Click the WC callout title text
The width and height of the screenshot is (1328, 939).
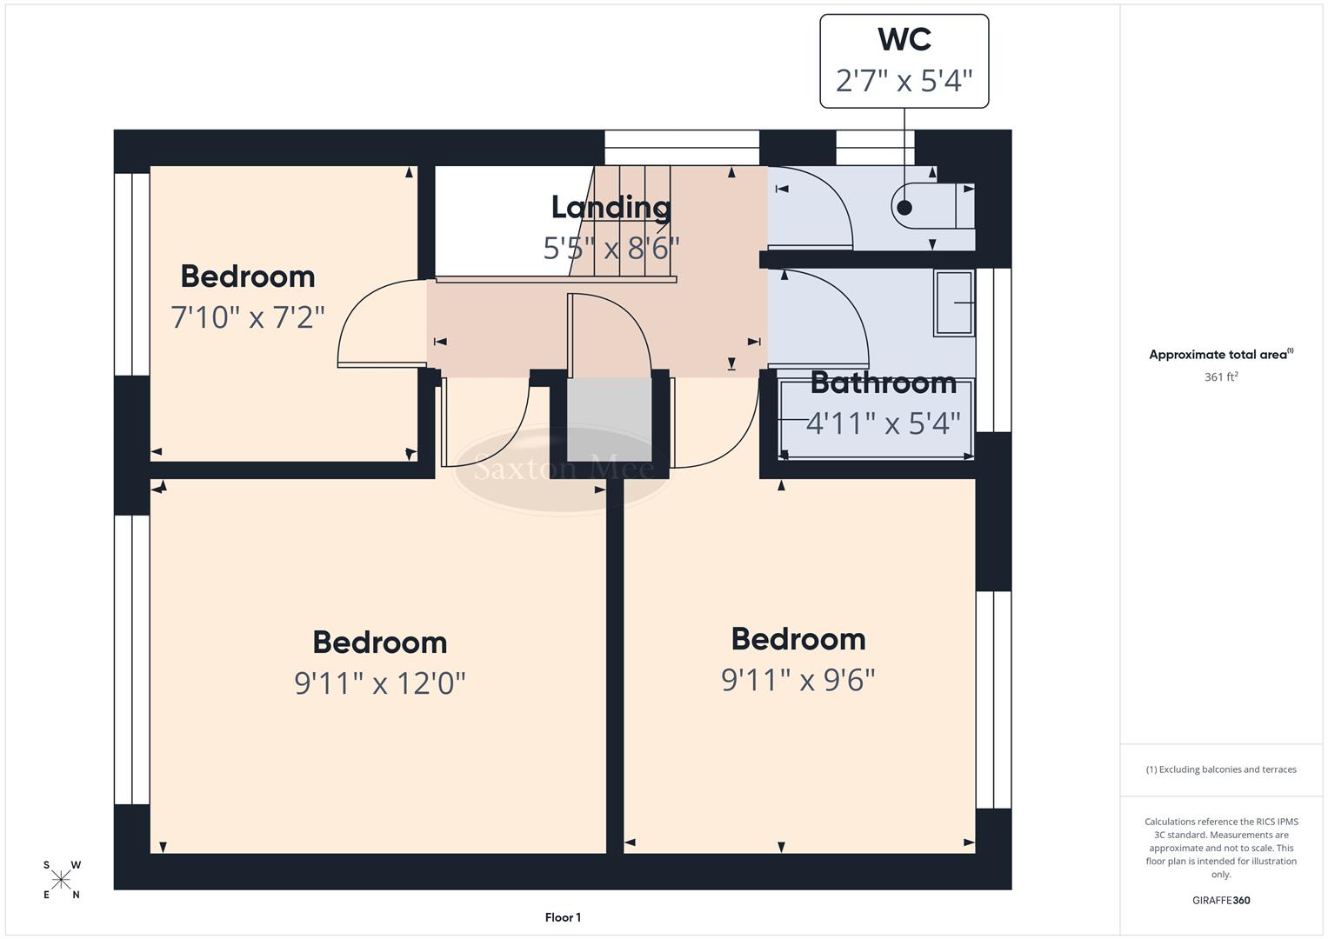(x=904, y=40)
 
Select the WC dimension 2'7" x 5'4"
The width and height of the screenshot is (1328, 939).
(x=904, y=81)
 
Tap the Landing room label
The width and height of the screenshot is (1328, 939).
(x=611, y=207)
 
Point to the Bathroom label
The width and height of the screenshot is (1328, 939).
(x=883, y=383)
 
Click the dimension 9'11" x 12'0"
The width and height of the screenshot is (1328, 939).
(x=380, y=683)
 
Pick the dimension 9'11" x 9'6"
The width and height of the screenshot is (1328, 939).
(x=797, y=680)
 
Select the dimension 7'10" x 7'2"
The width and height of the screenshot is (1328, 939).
(x=248, y=317)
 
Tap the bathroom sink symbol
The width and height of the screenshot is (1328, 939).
(x=953, y=303)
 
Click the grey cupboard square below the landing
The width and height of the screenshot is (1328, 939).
(x=609, y=420)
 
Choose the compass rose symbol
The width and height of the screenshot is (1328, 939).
(x=61, y=880)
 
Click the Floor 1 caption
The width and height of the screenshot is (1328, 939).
(x=563, y=917)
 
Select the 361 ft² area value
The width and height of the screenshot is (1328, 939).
(x=1220, y=377)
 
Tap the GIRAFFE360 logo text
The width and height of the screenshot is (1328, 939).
(x=1220, y=901)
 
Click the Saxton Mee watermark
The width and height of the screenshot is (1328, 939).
(x=563, y=469)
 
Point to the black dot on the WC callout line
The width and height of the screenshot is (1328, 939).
(x=904, y=208)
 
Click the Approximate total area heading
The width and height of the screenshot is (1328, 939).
(x=1220, y=355)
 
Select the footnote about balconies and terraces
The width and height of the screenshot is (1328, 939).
(x=1220, y=769)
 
